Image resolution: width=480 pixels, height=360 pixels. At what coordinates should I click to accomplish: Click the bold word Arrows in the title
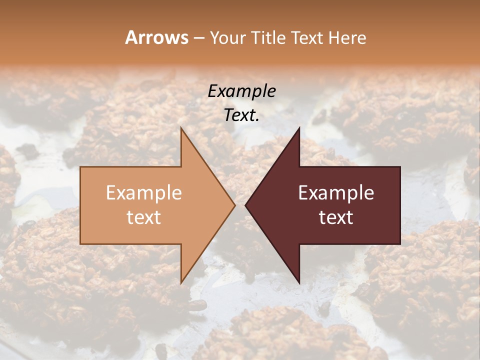click(x=156, y=37)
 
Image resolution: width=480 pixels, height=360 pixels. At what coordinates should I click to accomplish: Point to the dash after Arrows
click(x=198, y=38)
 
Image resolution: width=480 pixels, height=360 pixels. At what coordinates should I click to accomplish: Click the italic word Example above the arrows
click(x=241, y=91)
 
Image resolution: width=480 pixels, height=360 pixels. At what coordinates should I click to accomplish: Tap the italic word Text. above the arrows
click(x=241, y=115)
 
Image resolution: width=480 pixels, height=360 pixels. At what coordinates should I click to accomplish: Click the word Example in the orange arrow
click(x=144, y=193)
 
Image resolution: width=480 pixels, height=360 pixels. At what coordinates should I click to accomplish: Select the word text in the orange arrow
click(x=144, y=217)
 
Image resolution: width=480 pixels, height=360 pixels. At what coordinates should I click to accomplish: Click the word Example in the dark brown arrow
click(x=336, y=193)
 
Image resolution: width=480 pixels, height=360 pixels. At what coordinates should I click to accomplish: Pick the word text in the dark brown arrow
click(x=336, y=217)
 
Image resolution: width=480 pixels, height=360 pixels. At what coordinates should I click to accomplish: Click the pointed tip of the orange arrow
click(x=235, y=205)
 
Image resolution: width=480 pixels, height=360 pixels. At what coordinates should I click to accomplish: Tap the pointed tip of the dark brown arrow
click(x=245, y=205)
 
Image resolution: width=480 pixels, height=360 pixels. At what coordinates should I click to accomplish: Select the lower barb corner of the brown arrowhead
click(x=299, y=283)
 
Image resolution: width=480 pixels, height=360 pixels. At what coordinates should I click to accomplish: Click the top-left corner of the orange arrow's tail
click(x=80, y=167)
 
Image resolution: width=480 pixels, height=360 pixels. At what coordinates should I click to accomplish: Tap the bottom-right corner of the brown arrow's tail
click(x=400, y=244)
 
